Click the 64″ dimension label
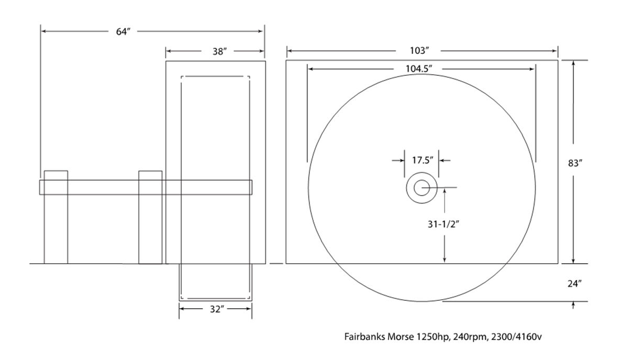point(123,31)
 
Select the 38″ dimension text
point(219,51)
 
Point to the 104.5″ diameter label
point(418,69)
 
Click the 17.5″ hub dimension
point(423,160)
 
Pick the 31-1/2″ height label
point(443,224)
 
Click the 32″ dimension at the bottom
point(217,309)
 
